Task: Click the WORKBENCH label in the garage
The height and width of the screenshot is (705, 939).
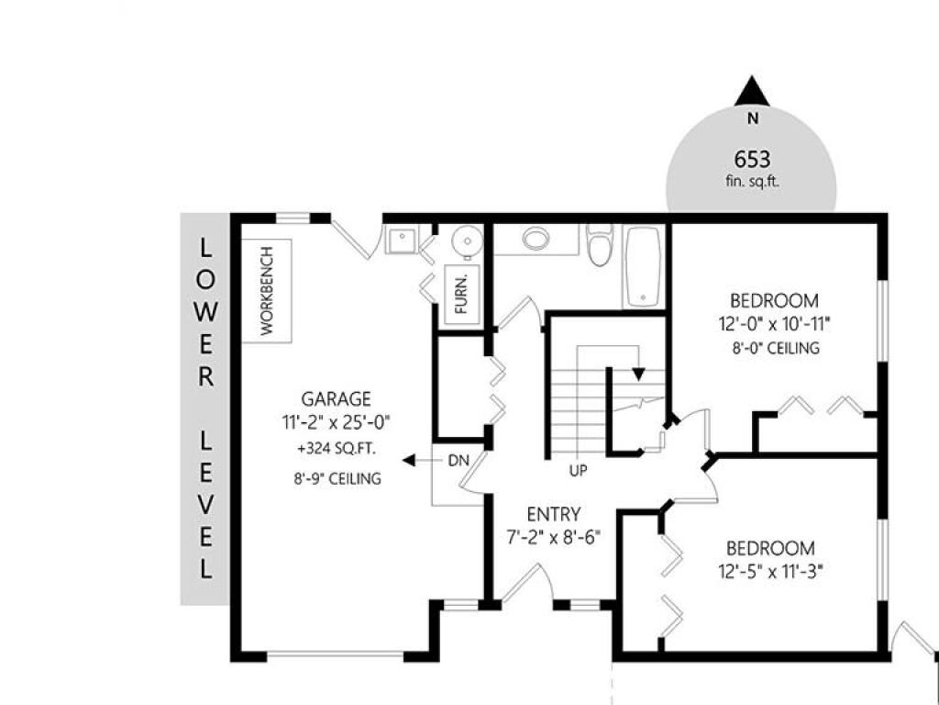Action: (x=267, y=291)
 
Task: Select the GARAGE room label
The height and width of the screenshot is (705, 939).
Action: (x=336, y=398)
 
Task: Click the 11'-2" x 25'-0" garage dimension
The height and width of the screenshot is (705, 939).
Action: (x=336, y=422)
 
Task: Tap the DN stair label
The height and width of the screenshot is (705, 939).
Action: (x=458, y=461)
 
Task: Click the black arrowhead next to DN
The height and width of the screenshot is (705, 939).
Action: (x=409, y=461)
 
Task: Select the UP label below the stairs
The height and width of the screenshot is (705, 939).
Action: (x=578, y=471)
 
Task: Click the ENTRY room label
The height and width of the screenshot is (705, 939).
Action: (x=554, y=514)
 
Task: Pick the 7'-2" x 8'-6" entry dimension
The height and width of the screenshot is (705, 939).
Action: (x=553, y=537)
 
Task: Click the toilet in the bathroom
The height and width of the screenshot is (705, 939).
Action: (x=600, y=244)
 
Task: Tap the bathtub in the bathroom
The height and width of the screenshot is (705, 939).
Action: (x=643, y=265)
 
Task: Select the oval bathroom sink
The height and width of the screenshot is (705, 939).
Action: (x=536, y=239)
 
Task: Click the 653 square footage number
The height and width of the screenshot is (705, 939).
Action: (x=752, y=160)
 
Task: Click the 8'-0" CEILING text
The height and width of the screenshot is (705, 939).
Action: (x=776, y=348)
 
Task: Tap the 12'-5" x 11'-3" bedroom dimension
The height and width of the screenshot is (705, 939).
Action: (x=770, y=572)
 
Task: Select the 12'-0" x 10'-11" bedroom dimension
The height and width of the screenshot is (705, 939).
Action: (x=774, y=324)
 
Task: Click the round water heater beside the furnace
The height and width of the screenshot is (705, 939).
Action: (x=467, y=241)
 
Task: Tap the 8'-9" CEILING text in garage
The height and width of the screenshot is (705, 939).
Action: (x=337, y=478)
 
